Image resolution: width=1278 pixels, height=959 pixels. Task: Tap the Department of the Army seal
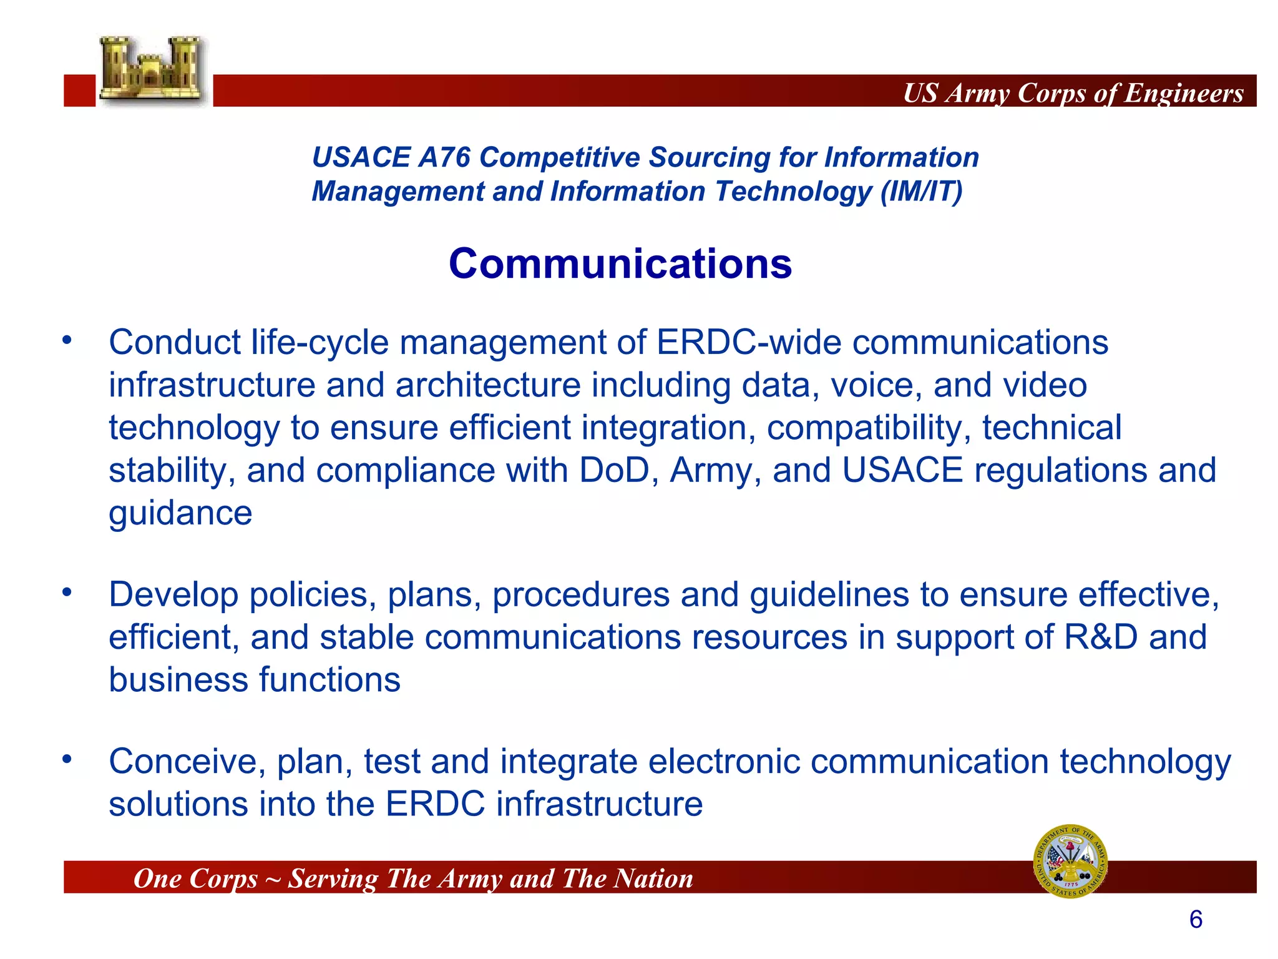click(x=1070, y=861)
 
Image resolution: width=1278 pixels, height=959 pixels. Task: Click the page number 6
click(x=1196, y=920)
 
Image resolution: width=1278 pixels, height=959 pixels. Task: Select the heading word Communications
click(x=620, y=263)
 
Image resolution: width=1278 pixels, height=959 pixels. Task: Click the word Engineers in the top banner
click(x=1184, y=93)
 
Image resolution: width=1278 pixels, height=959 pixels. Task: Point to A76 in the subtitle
click(x=444, y=157)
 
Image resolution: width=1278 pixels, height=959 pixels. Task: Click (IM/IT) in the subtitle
click(x=921, y=191)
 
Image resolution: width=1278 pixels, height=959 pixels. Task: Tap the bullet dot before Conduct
click(x=67, y=341)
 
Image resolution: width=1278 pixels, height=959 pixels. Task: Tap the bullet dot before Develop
click(x=67, y=592)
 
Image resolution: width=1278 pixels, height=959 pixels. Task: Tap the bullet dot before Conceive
click(x=67, y=759)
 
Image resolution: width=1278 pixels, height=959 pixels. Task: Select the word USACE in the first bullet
click(x=902, y=470)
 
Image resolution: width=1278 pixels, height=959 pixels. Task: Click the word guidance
click(x=180, y=513)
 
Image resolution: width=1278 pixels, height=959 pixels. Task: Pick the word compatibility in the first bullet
click(x=868, y=428)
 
